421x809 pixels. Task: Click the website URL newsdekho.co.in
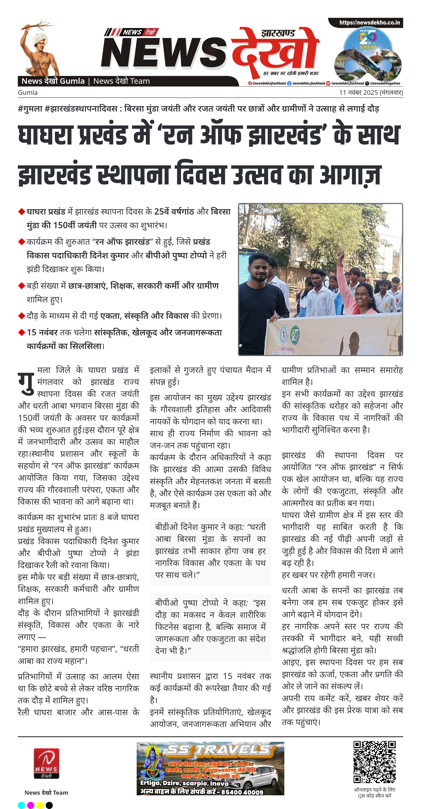pyautogui.click(x=369, y=23)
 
